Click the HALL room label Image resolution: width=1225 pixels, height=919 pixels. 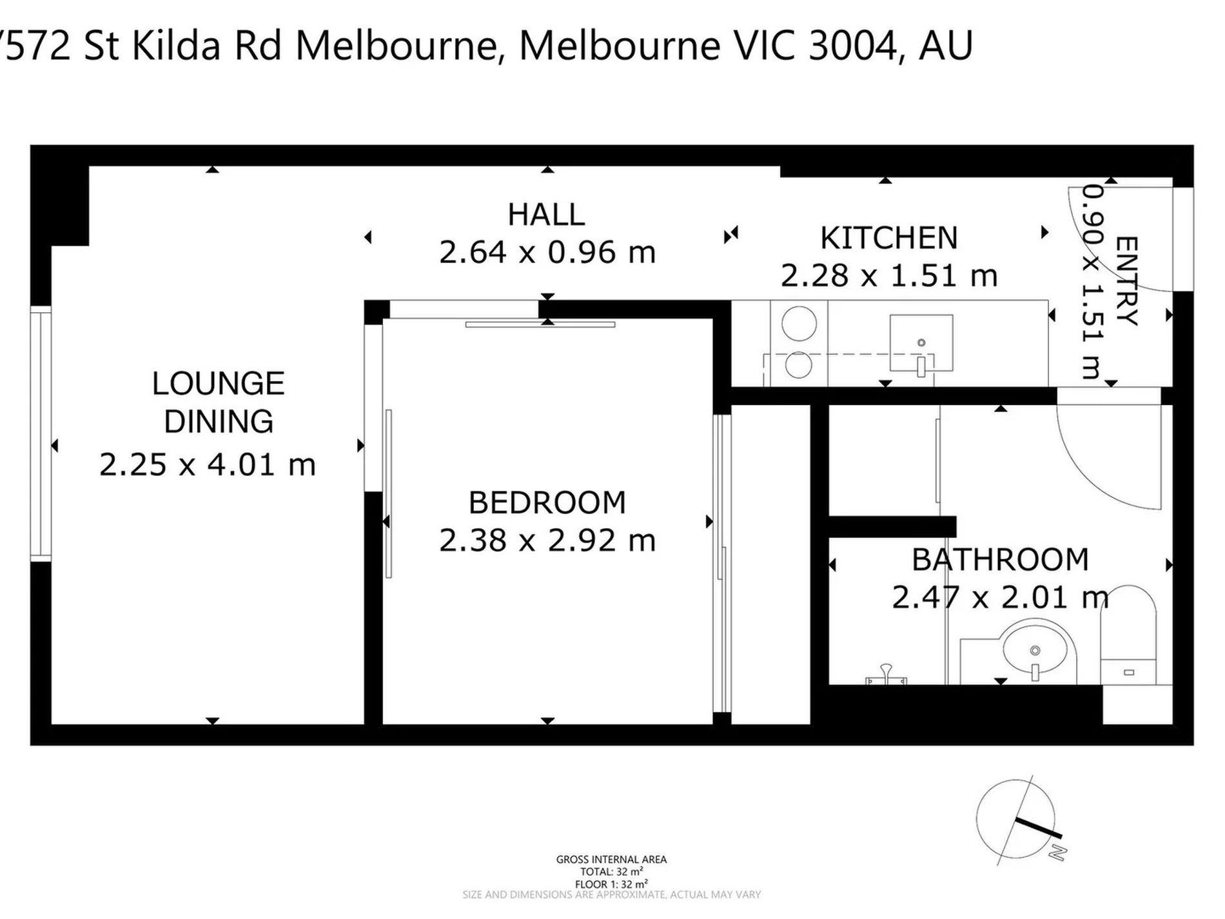point(546,215)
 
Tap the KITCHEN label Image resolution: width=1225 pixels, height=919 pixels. point(889,238)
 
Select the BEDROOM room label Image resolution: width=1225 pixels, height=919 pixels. point(547,502)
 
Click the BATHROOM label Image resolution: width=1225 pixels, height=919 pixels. point(1000,559)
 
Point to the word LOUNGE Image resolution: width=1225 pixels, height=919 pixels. point(219,384)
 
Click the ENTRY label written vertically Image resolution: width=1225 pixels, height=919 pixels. point(1126,281)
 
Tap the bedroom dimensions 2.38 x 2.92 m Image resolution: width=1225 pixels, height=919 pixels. point(547,540)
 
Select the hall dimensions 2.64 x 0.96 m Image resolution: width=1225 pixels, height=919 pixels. point(547,252)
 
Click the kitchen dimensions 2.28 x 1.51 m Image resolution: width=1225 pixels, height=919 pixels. point(889,276)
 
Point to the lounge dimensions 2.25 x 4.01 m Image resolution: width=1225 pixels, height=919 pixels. point(208,465)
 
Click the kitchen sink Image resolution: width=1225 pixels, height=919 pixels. point(921,344)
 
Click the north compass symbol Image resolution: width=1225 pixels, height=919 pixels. point(1019,821)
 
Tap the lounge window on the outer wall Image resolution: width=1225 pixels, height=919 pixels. point(41,433)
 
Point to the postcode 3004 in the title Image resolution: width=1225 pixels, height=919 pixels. point(851,46)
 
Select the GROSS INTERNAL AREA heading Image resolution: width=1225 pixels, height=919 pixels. point(611,859)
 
